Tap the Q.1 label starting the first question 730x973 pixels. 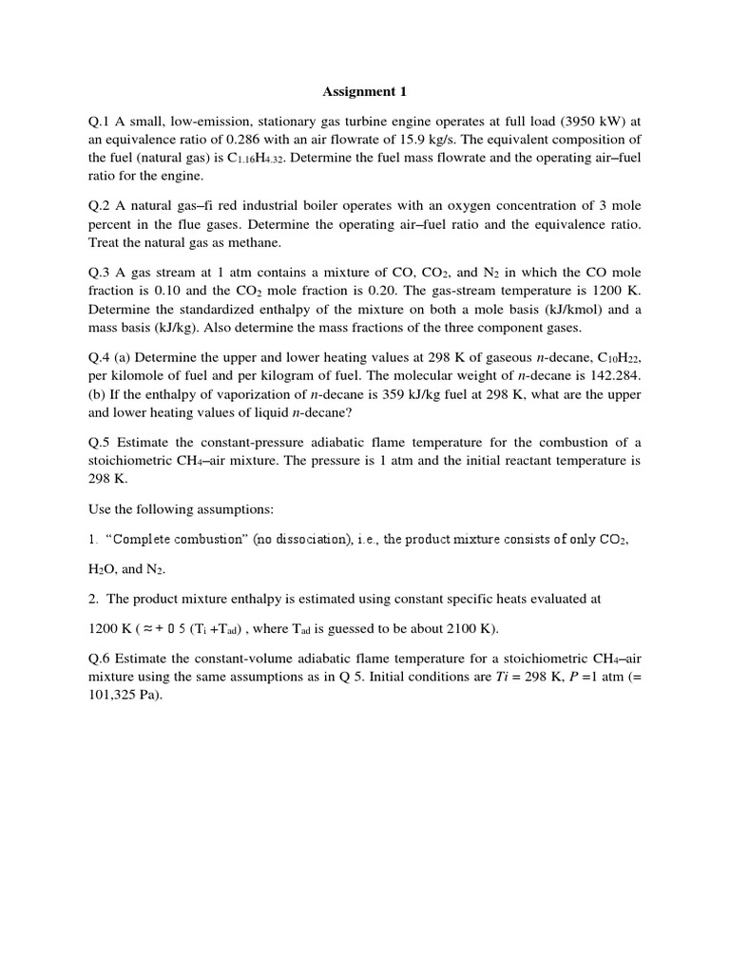(101, 122)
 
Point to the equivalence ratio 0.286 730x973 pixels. (240, 140)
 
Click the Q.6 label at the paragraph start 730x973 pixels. (101, 658)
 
